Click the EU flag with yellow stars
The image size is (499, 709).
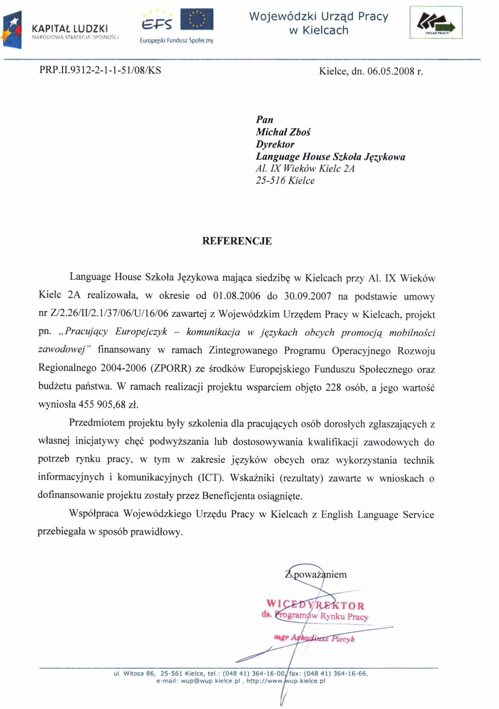197,19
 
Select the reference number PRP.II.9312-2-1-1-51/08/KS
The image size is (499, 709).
100,71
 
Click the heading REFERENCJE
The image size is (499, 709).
237,241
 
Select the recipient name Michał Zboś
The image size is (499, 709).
283,132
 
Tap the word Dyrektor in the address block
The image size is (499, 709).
275,144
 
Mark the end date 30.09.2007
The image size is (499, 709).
308,296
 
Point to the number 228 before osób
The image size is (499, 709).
333,387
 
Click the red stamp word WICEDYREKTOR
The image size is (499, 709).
315,605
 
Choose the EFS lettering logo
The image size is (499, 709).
157,24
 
